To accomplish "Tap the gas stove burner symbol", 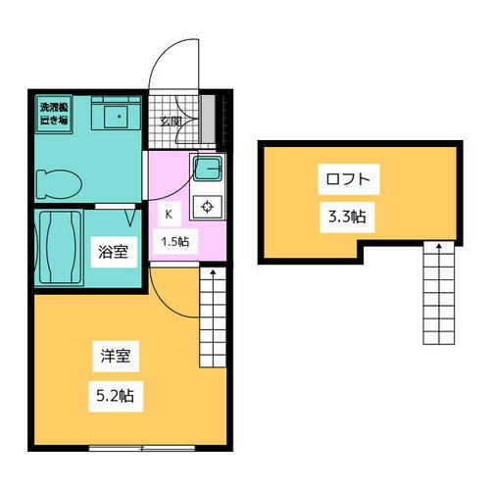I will pyautogui.click(x=207, y=205).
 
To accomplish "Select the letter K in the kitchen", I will pyautogui.click(x=169, y=213).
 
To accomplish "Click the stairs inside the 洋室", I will pyautogui.click(x=213, y=314).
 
